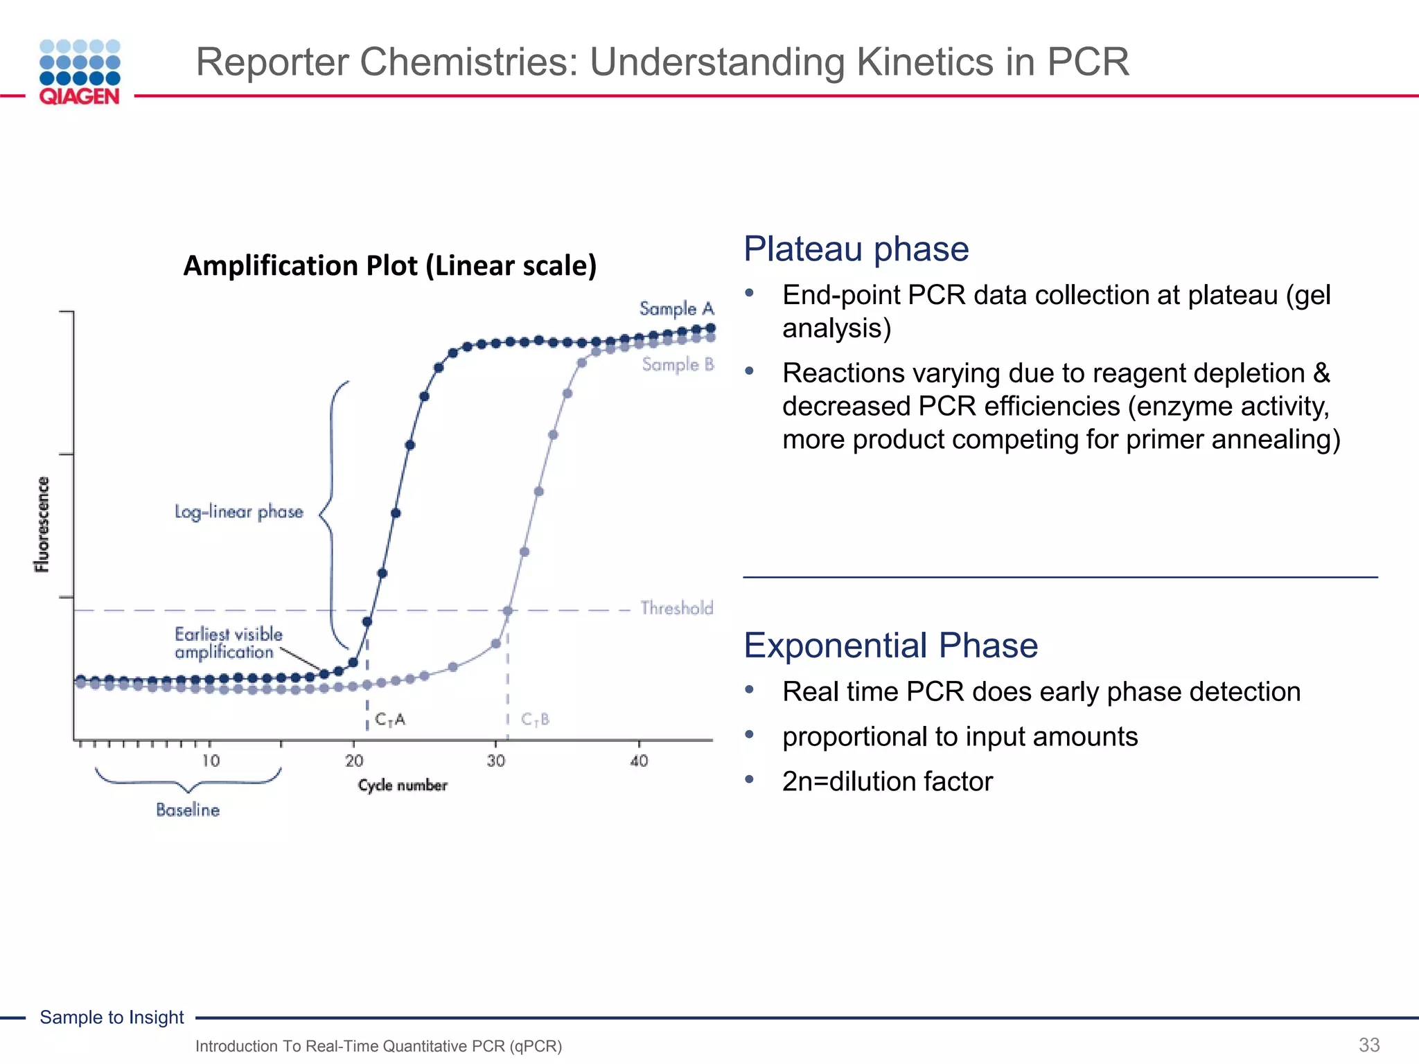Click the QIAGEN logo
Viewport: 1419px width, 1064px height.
80,72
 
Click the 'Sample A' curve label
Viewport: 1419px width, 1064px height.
676,308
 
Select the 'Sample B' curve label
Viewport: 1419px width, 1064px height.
678,364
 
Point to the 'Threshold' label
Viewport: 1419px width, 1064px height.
676,608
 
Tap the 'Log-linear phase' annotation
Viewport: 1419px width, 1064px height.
239,512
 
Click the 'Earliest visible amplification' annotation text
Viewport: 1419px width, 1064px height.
228,644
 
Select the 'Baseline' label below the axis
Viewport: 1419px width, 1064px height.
188,810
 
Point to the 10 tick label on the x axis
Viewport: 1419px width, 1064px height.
211,761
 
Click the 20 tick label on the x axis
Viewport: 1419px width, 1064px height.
354,761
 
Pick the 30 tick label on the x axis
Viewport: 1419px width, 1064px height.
496,761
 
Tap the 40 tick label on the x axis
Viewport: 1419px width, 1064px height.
639,761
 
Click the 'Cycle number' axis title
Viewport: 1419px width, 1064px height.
403,786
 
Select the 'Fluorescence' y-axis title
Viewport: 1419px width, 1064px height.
43,524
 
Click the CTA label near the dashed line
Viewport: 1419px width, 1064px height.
390,720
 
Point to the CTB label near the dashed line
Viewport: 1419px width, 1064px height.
535,720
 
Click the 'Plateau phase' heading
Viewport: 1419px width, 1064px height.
856,249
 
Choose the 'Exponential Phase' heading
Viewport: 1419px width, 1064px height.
890,646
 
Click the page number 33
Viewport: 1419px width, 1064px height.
1369,1045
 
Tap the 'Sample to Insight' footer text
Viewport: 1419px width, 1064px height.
112,1017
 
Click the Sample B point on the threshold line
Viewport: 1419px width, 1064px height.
508,611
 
